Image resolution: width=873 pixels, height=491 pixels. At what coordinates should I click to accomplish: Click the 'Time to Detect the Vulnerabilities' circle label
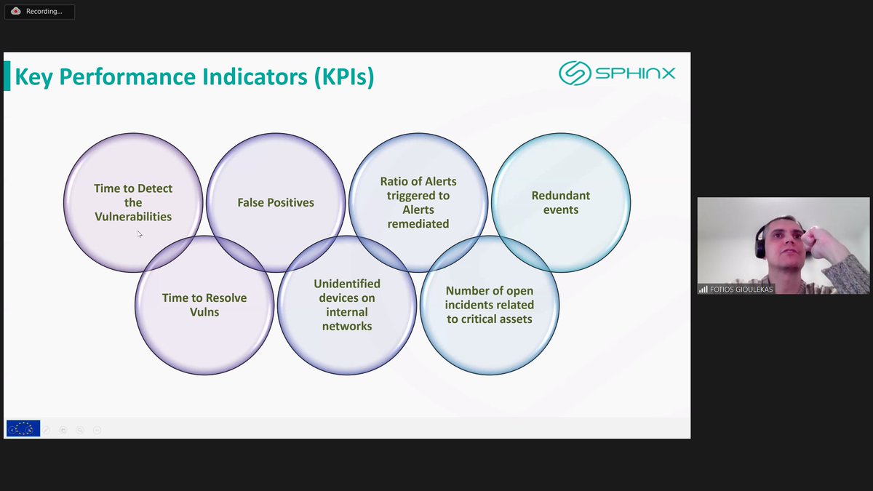coord(133,202)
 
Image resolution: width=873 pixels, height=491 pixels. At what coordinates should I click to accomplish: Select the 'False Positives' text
coord(276,202)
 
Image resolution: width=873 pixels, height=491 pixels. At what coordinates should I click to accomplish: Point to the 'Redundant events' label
coord(560,202)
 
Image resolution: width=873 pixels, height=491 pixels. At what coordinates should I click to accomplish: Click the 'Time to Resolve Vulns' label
coord(204,305)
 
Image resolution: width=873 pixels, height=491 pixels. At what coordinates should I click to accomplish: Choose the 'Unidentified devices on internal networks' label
coord(347,305)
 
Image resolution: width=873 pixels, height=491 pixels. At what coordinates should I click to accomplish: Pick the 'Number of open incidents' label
coord(490,305)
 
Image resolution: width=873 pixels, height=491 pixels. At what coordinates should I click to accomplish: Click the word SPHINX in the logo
coord(635,73)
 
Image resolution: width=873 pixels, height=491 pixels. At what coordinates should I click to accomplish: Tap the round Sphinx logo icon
coord(574,73)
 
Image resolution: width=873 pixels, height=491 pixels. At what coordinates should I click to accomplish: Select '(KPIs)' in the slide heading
coord(344,76)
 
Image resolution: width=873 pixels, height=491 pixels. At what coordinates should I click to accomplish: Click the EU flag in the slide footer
coord(23,428)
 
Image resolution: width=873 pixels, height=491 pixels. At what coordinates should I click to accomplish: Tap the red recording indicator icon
coord(15,11)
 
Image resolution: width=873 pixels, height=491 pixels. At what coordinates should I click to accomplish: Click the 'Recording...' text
coord(44,12)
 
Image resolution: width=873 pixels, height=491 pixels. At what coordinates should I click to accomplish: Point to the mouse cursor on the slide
coord(139,233)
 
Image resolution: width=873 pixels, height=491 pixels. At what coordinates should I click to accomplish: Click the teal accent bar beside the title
coord(7,76)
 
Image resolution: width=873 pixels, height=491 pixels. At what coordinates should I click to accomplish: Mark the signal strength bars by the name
coord(703,290)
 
